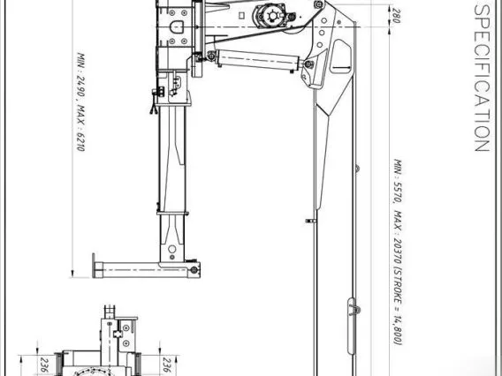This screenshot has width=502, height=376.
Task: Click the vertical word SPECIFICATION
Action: [x=482, y=78]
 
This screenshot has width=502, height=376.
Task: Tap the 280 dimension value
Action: [x=396, y=16]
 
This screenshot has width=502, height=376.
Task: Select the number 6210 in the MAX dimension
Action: [x=80, y=141]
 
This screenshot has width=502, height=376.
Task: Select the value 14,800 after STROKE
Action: [x=398, y=328]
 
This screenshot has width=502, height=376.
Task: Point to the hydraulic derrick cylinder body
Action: [x=258, y=59]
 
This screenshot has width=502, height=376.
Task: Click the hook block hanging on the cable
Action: [x=352, y=326]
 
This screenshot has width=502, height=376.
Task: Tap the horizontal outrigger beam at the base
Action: [x=147, y=269]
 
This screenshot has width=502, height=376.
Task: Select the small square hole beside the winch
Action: [x=242, y=15]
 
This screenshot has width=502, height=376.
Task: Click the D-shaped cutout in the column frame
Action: [x=177, y=26]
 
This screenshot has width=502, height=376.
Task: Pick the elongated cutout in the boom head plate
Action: [x=341, y=56]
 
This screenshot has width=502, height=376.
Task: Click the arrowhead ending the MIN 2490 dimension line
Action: [x=72, y=274]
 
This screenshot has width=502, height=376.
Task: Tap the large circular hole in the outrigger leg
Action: [x=172, y=249]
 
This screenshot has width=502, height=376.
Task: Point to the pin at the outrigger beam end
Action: [x=194, y=270]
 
